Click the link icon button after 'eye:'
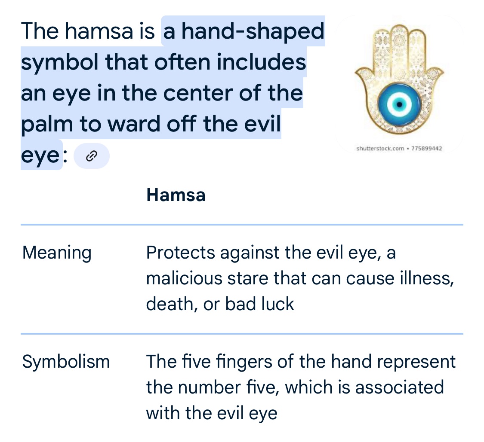coord(91,156)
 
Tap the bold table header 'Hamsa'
coord(176,195)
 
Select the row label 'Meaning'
coord(57,253)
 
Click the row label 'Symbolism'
coord(66,362)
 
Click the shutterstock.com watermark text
coord(380,149)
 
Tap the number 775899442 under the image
coord(427,149)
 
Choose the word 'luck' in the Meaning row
coord(277,304)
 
